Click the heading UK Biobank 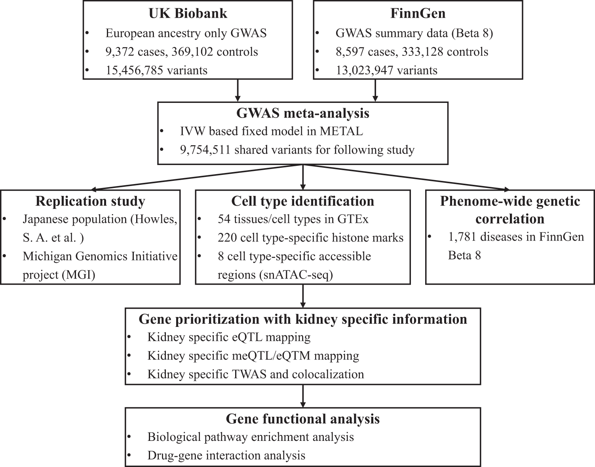[188, 13]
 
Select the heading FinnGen [418, 13]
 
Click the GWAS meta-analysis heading [302, 113]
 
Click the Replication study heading [90, 201]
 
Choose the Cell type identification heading [302, 201]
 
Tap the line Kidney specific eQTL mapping [229, 337]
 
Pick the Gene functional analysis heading [302, 419]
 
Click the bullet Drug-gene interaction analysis [226, 455]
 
